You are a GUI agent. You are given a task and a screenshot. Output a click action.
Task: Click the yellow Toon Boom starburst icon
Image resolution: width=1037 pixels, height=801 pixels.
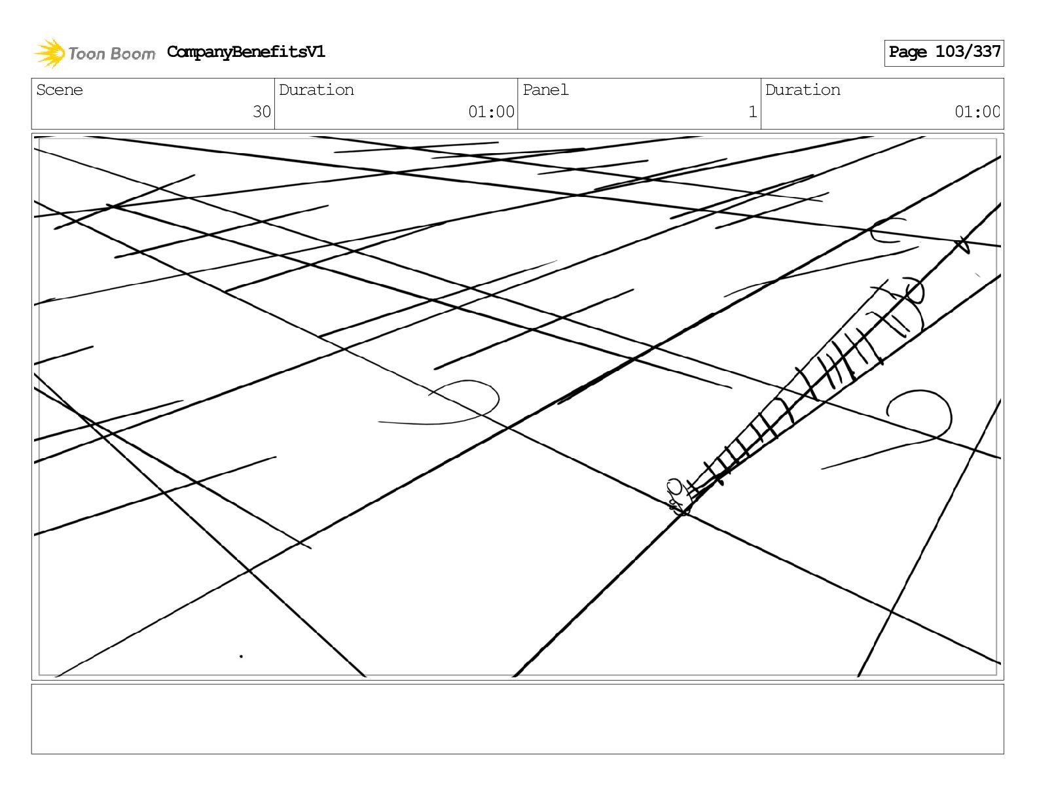coord(50,53)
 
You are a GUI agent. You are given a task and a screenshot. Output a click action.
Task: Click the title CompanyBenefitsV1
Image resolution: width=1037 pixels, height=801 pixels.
coord(246,52)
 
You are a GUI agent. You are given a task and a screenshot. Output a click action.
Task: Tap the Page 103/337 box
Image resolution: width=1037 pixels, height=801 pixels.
coord(943,52)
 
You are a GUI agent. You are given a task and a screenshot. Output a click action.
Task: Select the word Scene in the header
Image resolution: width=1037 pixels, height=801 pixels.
coord(60,90)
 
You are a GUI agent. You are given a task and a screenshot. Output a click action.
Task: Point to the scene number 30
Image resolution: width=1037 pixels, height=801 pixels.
coord(261,112)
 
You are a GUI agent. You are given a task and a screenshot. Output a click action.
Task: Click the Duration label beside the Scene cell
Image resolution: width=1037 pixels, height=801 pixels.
coord(316,90)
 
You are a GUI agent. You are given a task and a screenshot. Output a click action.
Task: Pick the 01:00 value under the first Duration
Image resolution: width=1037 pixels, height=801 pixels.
coord(491,112)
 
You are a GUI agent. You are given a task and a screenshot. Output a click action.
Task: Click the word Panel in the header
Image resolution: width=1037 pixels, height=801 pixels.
coord(545,90)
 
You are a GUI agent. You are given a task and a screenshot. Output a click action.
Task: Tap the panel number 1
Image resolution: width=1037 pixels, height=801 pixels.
coord(752,112)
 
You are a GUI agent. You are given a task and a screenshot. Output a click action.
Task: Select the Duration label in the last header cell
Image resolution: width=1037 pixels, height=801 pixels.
coord(803,90)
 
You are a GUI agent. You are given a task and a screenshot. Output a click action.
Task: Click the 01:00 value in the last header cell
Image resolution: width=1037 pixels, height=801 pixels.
coord(977,112)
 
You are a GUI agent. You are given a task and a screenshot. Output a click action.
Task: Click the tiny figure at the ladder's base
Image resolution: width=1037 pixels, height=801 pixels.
coord(677,497)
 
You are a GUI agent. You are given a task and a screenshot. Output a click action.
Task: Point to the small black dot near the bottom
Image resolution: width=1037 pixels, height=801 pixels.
coord(242,656)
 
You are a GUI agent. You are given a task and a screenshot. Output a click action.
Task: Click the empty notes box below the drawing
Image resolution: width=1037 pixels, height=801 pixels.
coord(517,719)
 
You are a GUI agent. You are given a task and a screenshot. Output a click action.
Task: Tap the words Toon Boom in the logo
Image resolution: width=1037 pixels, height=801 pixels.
coord(111,54)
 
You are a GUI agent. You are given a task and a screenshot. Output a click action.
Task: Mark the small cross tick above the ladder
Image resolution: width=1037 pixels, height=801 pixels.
coord(961,245)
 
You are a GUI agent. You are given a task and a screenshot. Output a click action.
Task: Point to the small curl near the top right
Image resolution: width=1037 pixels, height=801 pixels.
coord(887,230)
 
